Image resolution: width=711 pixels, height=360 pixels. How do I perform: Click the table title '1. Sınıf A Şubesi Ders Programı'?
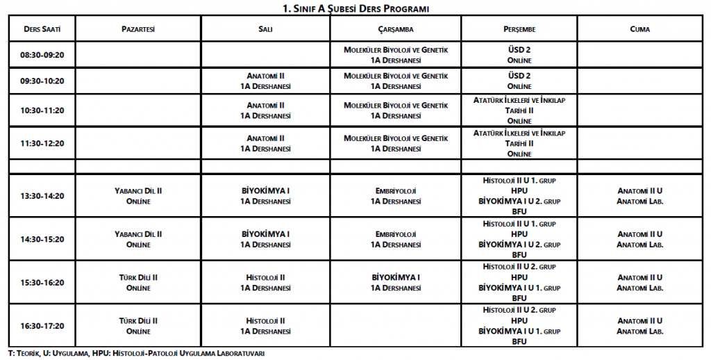[355, 8]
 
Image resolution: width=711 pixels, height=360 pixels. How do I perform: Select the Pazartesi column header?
[137, 29]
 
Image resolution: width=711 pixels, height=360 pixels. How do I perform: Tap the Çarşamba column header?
[396, 29]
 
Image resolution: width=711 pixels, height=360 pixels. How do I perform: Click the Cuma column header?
[639, 29]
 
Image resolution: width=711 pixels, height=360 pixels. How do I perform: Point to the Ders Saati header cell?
[42, 29]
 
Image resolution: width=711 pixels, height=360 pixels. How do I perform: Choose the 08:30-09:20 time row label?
[42, 55]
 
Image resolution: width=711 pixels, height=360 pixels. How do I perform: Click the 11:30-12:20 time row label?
[42, 143]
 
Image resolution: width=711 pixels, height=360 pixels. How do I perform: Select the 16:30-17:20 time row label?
[42, 325]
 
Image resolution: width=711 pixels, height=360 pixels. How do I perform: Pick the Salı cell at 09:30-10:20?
[265, 81]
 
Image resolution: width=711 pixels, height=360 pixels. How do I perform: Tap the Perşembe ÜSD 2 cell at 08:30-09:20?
[519, 55]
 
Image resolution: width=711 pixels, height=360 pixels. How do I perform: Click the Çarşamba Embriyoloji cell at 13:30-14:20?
[396, 196]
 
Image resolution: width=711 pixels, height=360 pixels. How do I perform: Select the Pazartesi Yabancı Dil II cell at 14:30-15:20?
[137, 239]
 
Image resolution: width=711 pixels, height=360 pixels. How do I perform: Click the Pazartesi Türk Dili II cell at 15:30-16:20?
[137, 282]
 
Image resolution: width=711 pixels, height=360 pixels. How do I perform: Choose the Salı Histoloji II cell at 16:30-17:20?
[265, 325]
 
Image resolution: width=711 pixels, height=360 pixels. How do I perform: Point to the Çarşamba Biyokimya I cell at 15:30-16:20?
[396, 282]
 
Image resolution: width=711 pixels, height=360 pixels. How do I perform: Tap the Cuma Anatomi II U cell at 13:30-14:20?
[639, 196]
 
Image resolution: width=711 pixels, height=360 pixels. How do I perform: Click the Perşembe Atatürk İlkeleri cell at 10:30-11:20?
[519, 111]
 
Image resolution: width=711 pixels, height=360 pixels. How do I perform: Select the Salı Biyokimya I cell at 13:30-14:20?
[265, 196]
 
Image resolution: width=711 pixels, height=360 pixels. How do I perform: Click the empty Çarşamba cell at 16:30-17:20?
[396, 325]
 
